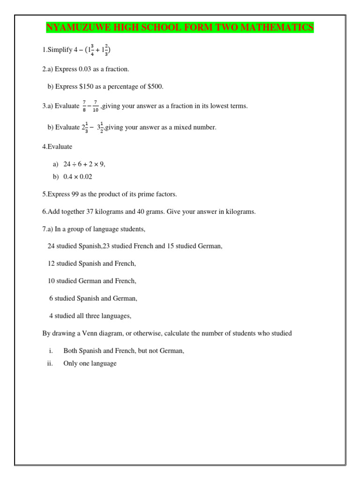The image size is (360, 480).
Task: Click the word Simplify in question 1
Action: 60,50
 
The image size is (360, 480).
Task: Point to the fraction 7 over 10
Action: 96,106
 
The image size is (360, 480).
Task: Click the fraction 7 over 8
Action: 84,106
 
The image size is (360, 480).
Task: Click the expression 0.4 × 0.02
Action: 78,176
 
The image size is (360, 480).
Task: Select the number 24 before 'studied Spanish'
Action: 51,246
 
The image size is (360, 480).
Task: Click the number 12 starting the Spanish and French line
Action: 51,263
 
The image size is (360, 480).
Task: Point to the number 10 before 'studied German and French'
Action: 51,281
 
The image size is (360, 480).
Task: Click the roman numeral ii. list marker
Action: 50,363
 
